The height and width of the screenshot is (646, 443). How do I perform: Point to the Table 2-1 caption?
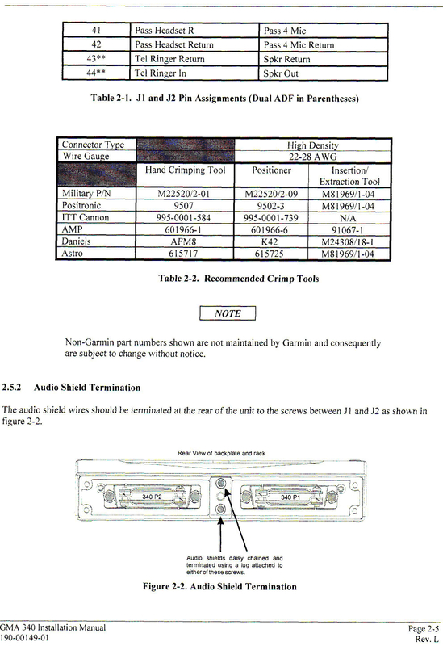(224, 99)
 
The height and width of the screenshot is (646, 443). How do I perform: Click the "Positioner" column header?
(275, 171)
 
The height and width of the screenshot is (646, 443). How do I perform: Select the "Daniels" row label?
(78, 241)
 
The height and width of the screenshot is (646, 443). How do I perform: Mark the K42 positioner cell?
(275, 241)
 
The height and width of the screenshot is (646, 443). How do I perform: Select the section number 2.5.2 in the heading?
(16, 388)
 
